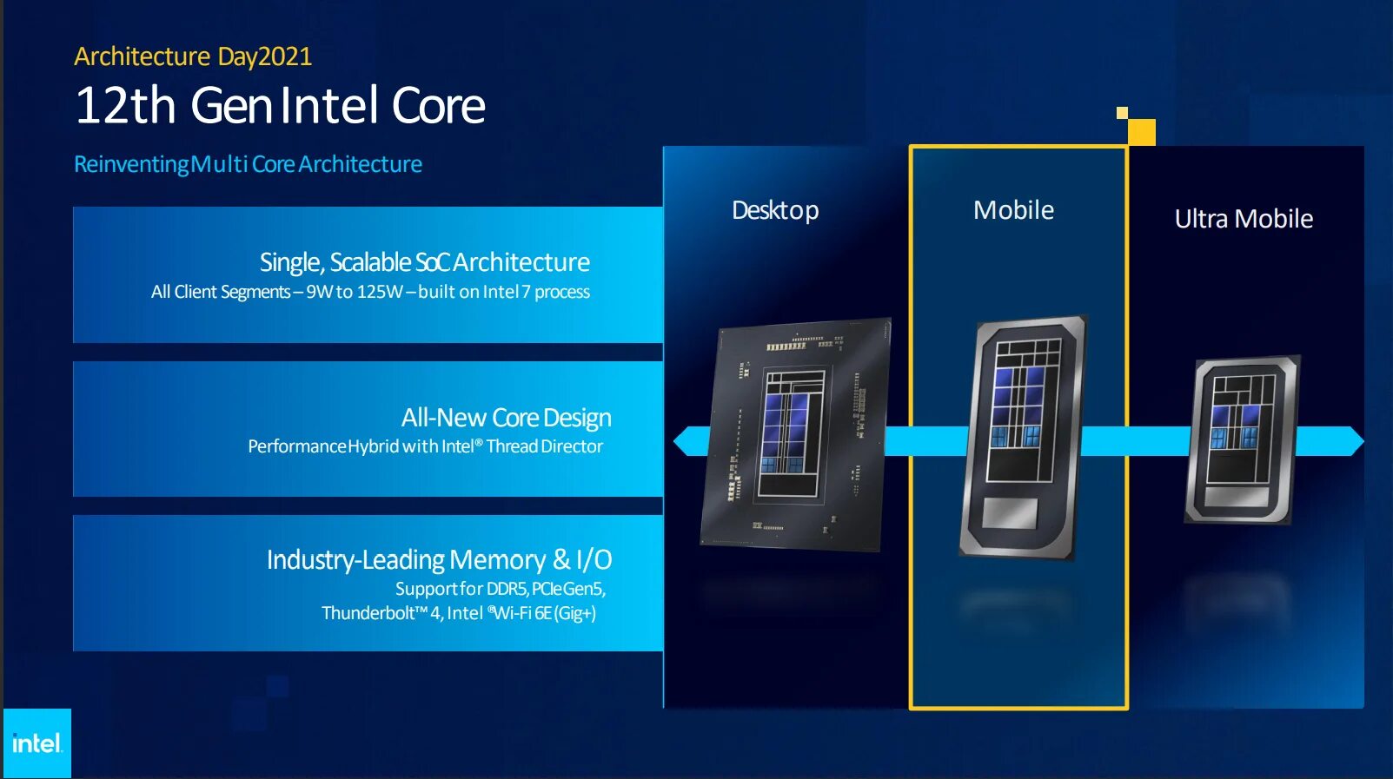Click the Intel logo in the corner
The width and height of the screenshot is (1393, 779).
36,743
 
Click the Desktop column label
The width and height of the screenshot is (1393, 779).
775,210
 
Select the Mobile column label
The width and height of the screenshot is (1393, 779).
1013,210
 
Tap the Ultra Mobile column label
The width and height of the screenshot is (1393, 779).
1244,219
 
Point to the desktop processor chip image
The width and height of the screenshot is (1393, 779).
796,434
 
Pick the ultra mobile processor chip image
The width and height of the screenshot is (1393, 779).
1243,439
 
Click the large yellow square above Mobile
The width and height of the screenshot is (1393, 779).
1141,132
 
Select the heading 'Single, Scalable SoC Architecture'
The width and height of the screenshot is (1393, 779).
424,262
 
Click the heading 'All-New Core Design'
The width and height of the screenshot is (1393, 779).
506,418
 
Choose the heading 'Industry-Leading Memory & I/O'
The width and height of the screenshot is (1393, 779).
439,560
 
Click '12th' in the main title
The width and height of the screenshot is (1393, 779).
126,106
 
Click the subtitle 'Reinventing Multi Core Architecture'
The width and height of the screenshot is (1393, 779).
248,164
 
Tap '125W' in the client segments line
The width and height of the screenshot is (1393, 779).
380,292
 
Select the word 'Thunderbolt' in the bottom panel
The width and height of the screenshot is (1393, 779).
368,613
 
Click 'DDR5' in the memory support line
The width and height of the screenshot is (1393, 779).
507,589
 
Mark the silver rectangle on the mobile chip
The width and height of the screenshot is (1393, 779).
1010,512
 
